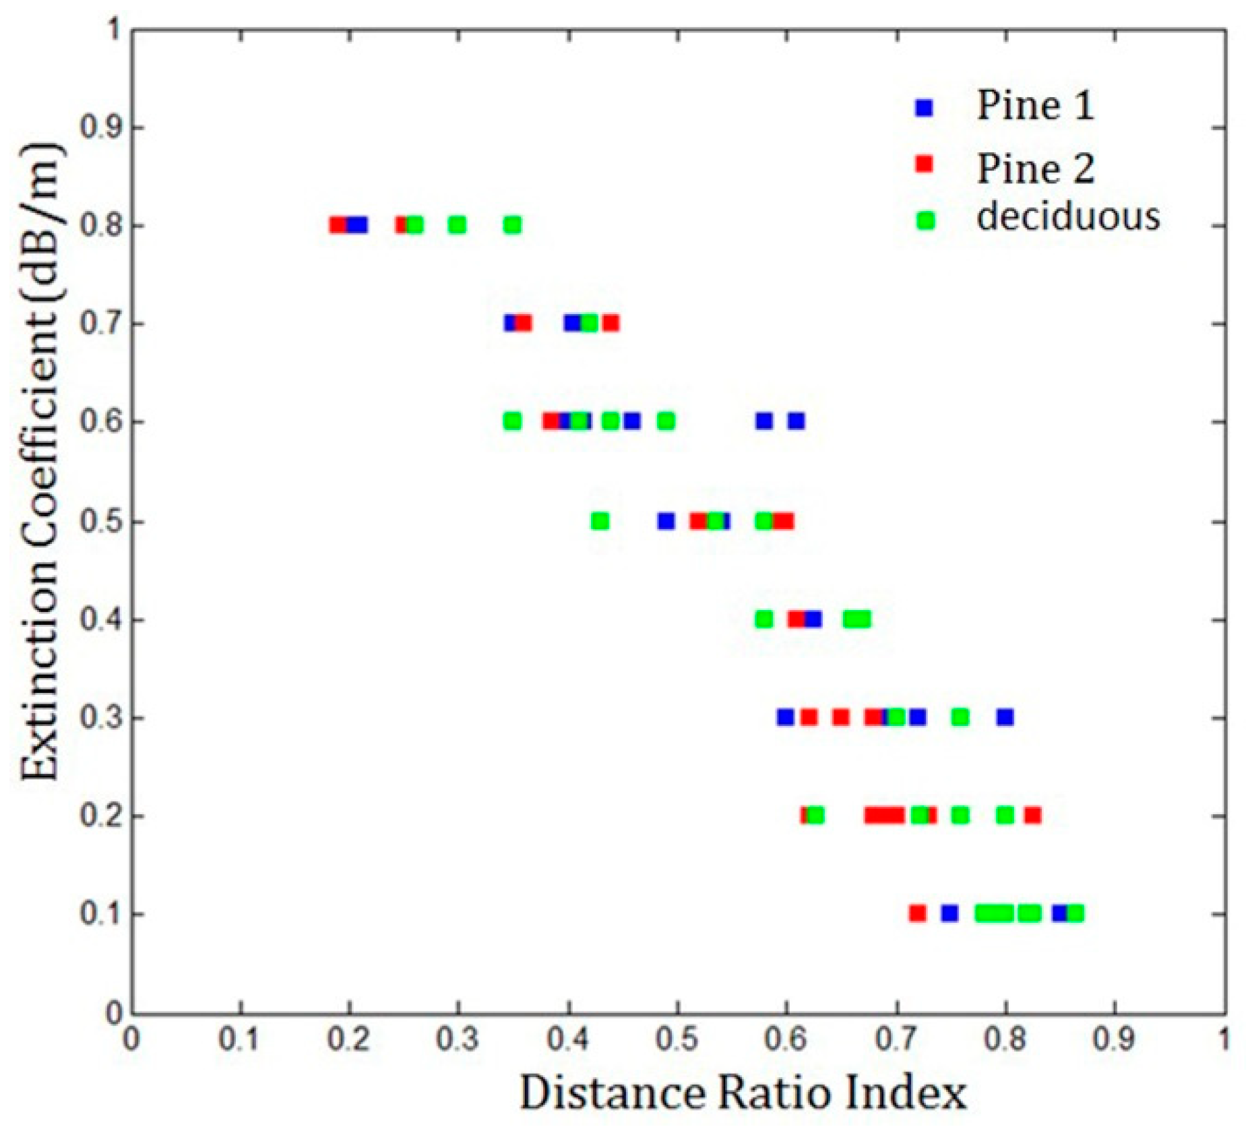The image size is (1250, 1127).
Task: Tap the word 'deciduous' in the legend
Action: [1068, 217]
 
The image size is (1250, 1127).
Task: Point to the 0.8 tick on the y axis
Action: [101, 225]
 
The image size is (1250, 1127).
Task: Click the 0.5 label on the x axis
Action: [677, 1039]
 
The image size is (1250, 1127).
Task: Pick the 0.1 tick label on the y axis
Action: [101, 914]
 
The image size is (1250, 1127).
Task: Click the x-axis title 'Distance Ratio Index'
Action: [743, 1093]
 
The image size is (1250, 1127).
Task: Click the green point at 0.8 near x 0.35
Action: [512, 225]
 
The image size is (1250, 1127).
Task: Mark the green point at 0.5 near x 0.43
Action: [600, 521]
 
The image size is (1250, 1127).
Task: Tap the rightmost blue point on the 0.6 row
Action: [796, 421]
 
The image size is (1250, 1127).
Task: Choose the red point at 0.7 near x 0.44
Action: [611, 324]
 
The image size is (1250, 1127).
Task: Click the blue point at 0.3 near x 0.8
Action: [1005, 717]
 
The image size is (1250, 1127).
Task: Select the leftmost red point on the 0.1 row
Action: [917, 913]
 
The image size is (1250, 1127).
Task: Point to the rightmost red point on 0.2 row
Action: [1032, 816]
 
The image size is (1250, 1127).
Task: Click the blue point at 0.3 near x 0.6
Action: [785, 717]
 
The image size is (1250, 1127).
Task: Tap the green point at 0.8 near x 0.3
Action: [457, 225]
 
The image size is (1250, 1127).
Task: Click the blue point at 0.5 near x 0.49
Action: [666, 521]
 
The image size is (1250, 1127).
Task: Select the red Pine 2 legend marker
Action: [925, 164]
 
